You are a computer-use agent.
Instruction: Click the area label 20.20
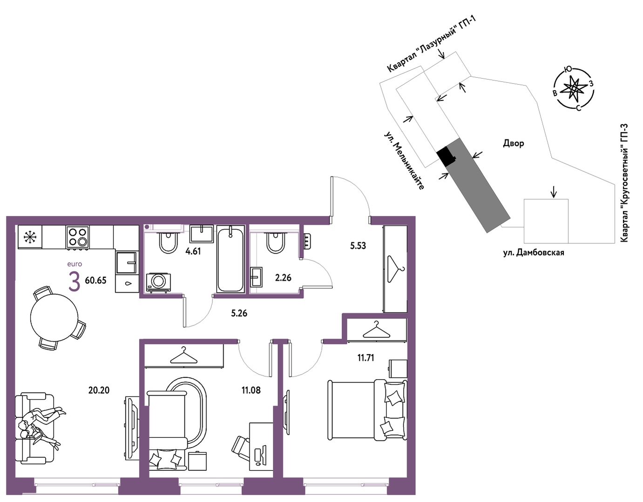pyautogui.click(x=99, y=390)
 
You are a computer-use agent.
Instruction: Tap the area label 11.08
pyautogui.click(x=251, y=390)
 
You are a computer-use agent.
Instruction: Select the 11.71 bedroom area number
pyautogui.click(x=366, y=358)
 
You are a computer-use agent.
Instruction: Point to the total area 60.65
pyautogui.click(x=95, y=280)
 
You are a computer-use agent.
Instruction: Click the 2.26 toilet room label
pyautogui.click(x=283, y=278)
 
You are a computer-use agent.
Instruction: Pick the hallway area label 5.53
pyautogui.click(x=358, y=246)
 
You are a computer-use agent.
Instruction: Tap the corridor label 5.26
pyautogui.click(x=239, y=313)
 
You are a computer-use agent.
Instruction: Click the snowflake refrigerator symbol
pyautogui.click(x=30, y=237)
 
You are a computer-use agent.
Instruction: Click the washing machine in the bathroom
pyautogui.click(x=159, y=282)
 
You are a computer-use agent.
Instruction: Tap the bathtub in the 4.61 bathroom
pyautogui.click(x=231, y=259)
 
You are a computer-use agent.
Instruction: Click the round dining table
pyautogui.click(x=54, y=317)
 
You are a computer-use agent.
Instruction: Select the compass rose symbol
pyautogui.click(x=574, y=88)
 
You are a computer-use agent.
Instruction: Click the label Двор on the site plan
pyautogui.click(x=514, y=144)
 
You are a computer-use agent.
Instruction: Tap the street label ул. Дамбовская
pyautogui.click(x=534, y=253)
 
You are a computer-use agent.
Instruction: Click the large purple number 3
pyautogui.click(x=74, y=281)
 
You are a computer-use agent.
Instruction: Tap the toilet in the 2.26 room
pyautogui.click(x=276, y=242)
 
